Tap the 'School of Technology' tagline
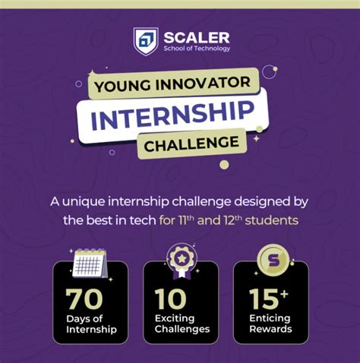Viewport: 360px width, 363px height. coord(196,49)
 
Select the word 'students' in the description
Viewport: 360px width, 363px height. coord(273,220)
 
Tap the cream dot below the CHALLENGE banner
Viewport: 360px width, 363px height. coord(223,163)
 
